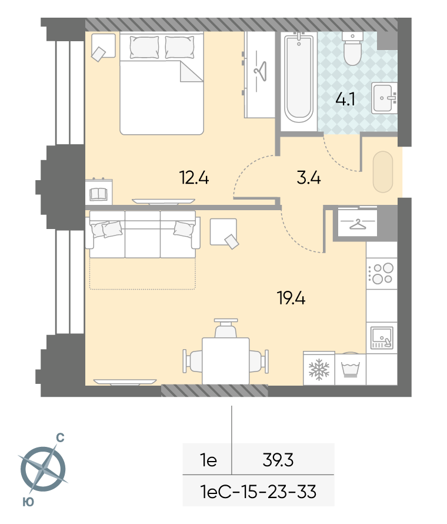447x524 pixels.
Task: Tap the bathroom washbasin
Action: (x=384, y=98)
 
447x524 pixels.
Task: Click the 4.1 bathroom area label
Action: (x=345, y=100)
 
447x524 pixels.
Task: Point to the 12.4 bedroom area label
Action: (x=194, y=177)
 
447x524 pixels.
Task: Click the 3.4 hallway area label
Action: (x=308, y=178)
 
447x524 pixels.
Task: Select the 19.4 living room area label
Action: (x=291, y=298)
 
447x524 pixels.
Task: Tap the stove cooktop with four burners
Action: (x=382, y=274)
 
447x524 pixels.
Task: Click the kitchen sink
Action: (x=382, y=337)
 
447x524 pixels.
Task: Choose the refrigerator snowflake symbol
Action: (x=319, y=370)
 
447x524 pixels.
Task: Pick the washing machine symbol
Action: (x=350, y=369)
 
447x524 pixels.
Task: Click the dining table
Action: (x=226, y=361)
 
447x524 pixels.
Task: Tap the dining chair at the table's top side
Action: (x=226, y=327)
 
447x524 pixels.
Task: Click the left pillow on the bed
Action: (x=144, y=47)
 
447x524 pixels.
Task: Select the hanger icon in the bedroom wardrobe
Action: (x=261, y=71)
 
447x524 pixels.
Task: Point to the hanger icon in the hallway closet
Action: (x=358, y=224)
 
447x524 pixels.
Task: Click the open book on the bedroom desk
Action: (x=98, y=194)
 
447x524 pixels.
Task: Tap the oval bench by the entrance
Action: (x=383, y=172)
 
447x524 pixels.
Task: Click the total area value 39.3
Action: (x=278, y=460)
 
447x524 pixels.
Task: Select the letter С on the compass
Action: (x=60, y=437)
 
